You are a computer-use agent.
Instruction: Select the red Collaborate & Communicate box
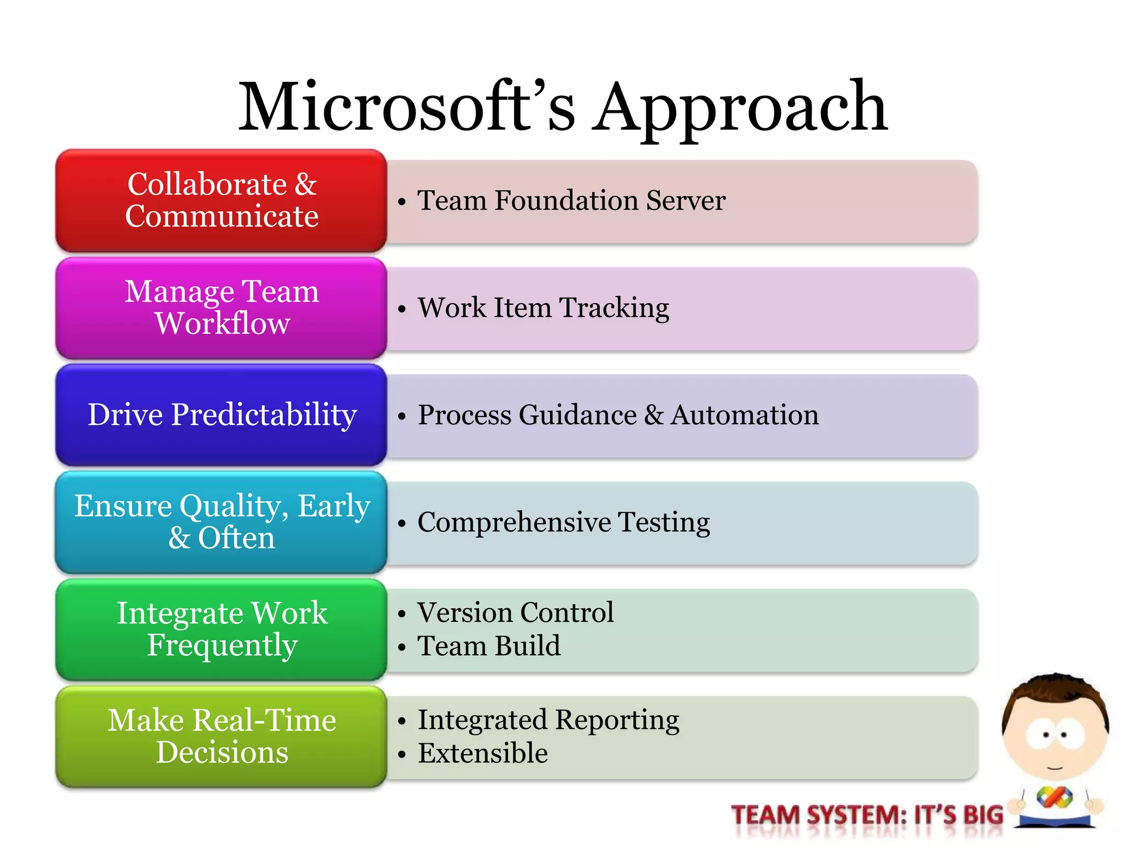pyautogui.click(x=221, y=200)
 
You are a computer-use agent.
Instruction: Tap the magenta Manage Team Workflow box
pyautogui.click(x=221, y=308)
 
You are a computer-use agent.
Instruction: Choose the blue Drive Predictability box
pyautogui.click(x=221, y=415)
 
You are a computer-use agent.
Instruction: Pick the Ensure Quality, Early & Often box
pyautogui.click(x=221, y=522)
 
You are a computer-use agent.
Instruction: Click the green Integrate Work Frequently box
pyautogui.click(x=221, y=629)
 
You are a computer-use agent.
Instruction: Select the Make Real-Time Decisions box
pyautogui.click(x=221, y=737)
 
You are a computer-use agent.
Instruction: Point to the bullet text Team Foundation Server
pyautogui.click(x=571, y=200)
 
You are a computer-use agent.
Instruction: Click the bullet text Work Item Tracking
pyautogui.click(x=543, y=308)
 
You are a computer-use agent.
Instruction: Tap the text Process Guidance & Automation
pyautogui.click(x=617, y=415)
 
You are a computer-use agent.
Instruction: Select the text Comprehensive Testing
pyautogui.click(x=563, y=522)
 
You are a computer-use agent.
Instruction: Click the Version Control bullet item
pyautogui.click(x=515, y=612)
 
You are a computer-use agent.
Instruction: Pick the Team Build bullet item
pyautogui.click(x=489, y=646)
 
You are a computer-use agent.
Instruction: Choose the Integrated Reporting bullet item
pyautogui.click(x=548, y=720)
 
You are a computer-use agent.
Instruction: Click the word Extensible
pyautogui.click(x=483, y=753)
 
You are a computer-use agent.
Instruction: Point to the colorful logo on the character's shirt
pyautogui.click(x=1054, y=797)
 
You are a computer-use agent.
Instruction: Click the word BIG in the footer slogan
pyautogui.click(x=982, y=815)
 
